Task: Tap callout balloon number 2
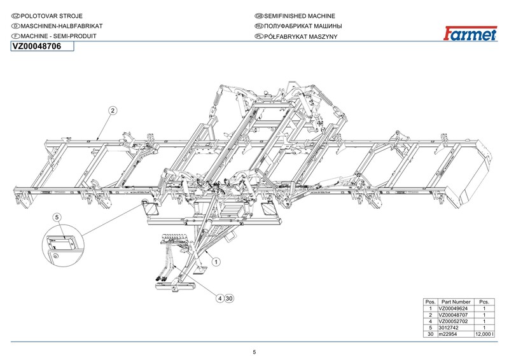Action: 112,111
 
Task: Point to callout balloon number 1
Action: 215,261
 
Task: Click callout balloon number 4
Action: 219,298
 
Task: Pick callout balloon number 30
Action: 230,298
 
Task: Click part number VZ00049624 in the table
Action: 454,308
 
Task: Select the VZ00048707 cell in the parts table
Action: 454,315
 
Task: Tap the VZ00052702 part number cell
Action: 454,321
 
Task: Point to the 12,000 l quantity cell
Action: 484,334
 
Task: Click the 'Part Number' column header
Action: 456,301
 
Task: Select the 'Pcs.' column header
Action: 485,301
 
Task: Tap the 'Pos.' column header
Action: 430,301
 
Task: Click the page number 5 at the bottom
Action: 254,352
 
